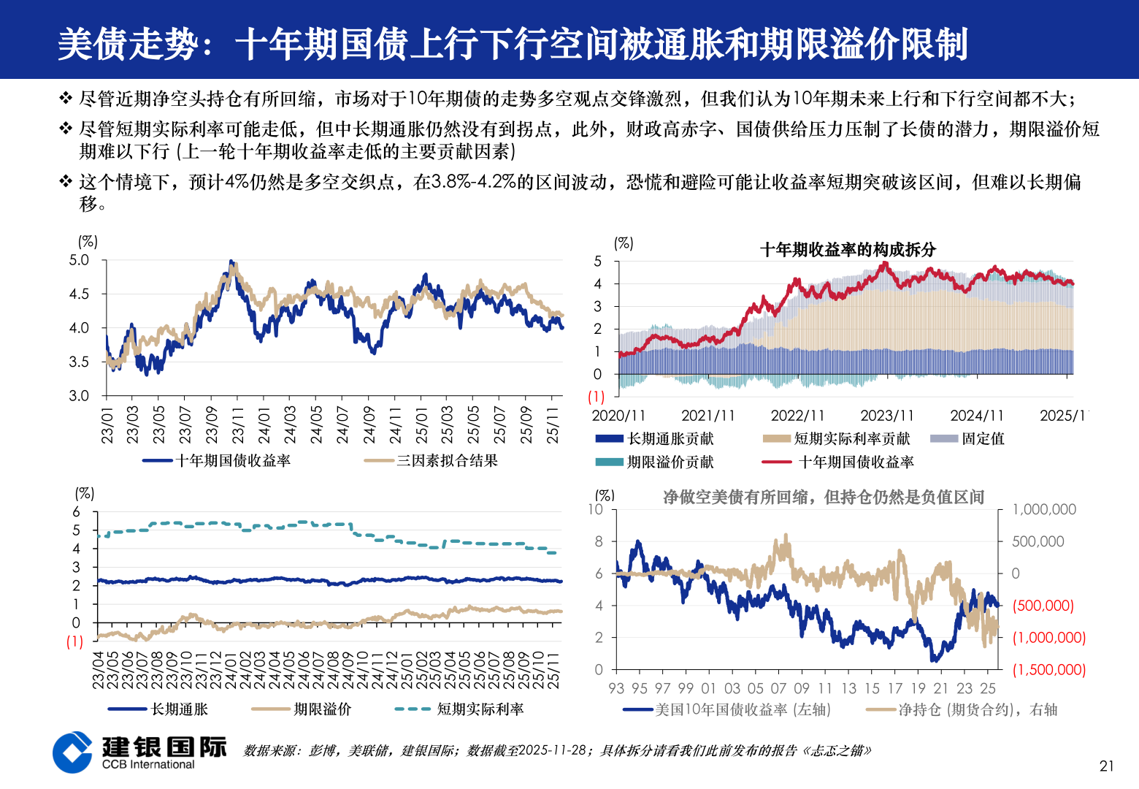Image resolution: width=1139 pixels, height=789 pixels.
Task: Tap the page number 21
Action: point(1107,766)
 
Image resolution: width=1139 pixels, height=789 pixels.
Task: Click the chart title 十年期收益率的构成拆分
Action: point(848,250)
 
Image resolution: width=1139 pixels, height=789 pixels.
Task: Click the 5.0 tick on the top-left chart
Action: point(79,260)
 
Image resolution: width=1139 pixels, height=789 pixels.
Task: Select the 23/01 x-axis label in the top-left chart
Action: point(107,425)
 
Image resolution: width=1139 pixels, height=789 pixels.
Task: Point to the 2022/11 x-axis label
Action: point(797,416)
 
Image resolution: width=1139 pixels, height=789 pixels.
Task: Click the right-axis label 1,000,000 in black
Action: point(1043,509)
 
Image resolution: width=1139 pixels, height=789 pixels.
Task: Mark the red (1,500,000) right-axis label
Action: point(1048,669)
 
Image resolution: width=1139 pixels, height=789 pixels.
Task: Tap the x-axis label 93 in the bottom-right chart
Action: point(616,688)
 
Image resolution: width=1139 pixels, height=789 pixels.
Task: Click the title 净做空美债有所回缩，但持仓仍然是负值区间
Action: point(823,498)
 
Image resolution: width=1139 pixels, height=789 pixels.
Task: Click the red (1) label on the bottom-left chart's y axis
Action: point(75,641)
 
